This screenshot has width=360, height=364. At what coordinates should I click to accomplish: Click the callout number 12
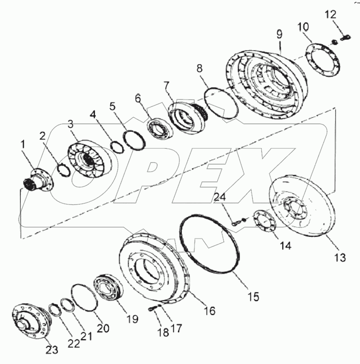[x=330, y=15]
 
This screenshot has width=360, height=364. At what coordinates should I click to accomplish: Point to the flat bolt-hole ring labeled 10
[x=323, y=64]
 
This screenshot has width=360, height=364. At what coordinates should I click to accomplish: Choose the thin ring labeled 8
[x=220, y=103]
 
